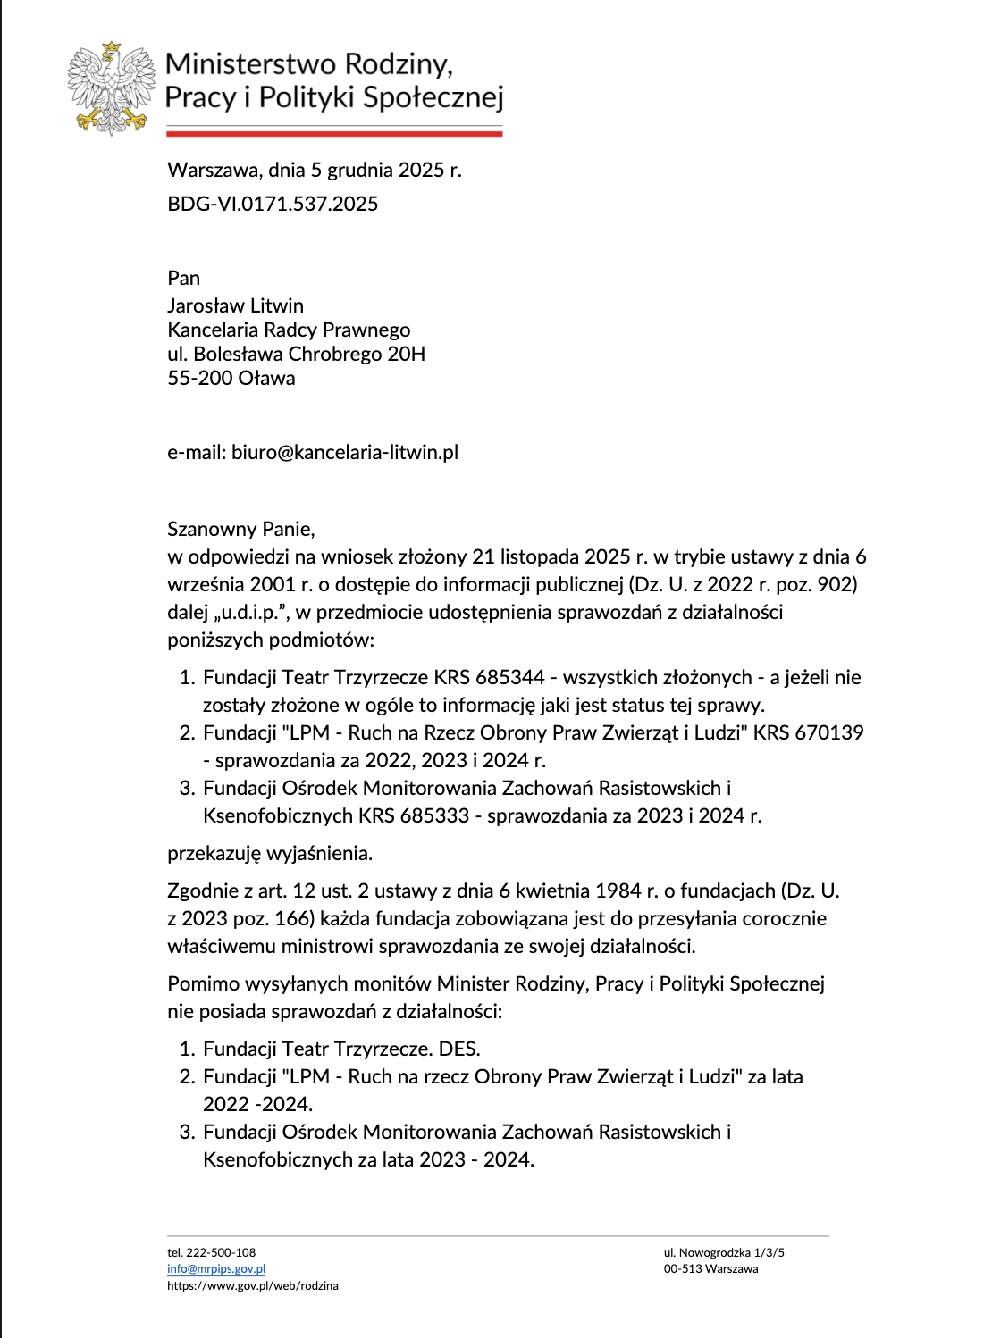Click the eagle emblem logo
coord(111,88)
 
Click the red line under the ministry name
coord(334,134)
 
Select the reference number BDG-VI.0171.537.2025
coord(273,204)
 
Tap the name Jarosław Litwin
coord(235,305)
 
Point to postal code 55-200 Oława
coord(231,378)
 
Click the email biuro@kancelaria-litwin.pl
coord(344,452)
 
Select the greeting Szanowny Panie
coord(240,529)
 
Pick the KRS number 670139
coord(829,732)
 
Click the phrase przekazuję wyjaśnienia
coord(269,853)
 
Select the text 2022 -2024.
coord(257,1104)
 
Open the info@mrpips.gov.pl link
coord(216,1268)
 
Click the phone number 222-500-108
coord(221,1252)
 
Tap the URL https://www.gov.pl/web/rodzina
coord(253,1285)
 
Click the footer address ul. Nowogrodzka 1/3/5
coord(724,1252)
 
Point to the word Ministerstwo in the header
coord(251,64)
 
